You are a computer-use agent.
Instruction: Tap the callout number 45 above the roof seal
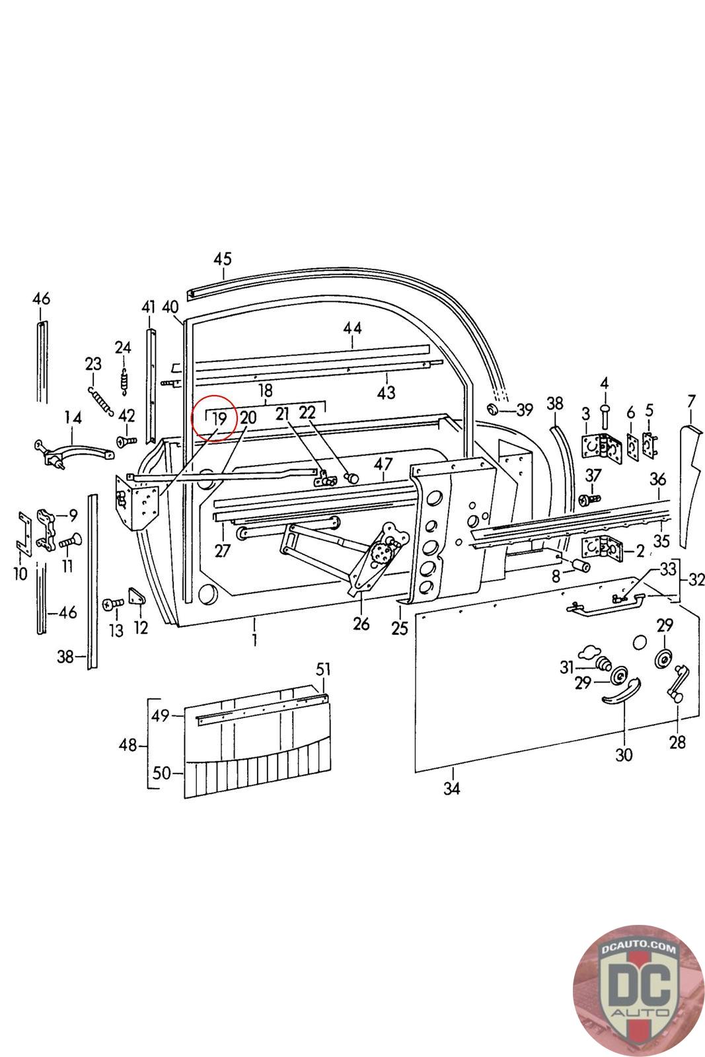click(223, 258)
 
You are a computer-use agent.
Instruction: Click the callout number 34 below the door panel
click(451, 788)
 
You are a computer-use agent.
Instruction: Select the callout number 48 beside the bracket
click(128, 746)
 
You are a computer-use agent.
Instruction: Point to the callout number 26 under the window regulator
click(361, 623)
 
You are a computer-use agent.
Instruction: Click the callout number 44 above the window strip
click(352, 328)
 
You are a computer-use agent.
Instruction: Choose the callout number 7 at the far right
click(691, 401)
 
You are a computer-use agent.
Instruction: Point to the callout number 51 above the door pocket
click(322, 669)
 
